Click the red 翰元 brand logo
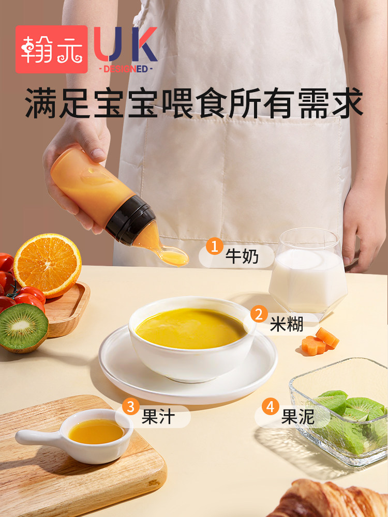pyautogui.click(x=51, y=49)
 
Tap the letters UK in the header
pyautogui.click(x=126, y=45)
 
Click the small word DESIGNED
pyautogui.click(x=125, y=69)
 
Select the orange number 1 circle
pyautogui.click(x=214, y=246)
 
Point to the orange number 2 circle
pyautogui.click(x=259, y=314)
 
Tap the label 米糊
pyautogui.click(x=286, y=324)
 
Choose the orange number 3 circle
pyautogui.click(x=131, y=406)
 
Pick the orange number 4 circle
pyautogui.click(x=270, y=406)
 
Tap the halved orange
pyautogui.click(x=47, y=265)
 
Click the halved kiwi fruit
pyautogui.click(x=23, y=327)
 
